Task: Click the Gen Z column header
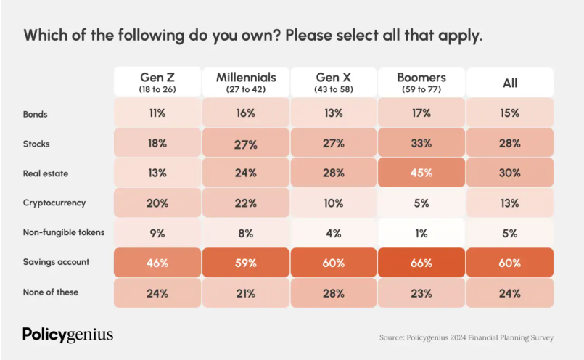click(157, 82)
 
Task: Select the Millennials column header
click(245, 82)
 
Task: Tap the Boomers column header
click(421, 82)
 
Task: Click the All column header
click(510, 83)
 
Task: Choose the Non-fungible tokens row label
click(64, 232)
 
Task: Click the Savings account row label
click(56, 262)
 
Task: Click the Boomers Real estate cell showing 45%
click(421, 173)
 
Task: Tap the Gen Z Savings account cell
click(157, 263)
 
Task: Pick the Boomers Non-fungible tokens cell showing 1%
click(421, 233)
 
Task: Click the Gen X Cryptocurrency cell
click(334, 203)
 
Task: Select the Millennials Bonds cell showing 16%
click(245, 113)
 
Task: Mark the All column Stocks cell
click(510, 143)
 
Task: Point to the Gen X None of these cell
click(334, 293)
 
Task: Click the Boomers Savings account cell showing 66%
click(421, 263)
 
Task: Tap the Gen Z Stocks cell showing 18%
click(157, 143)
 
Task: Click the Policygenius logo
click(67, 335)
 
